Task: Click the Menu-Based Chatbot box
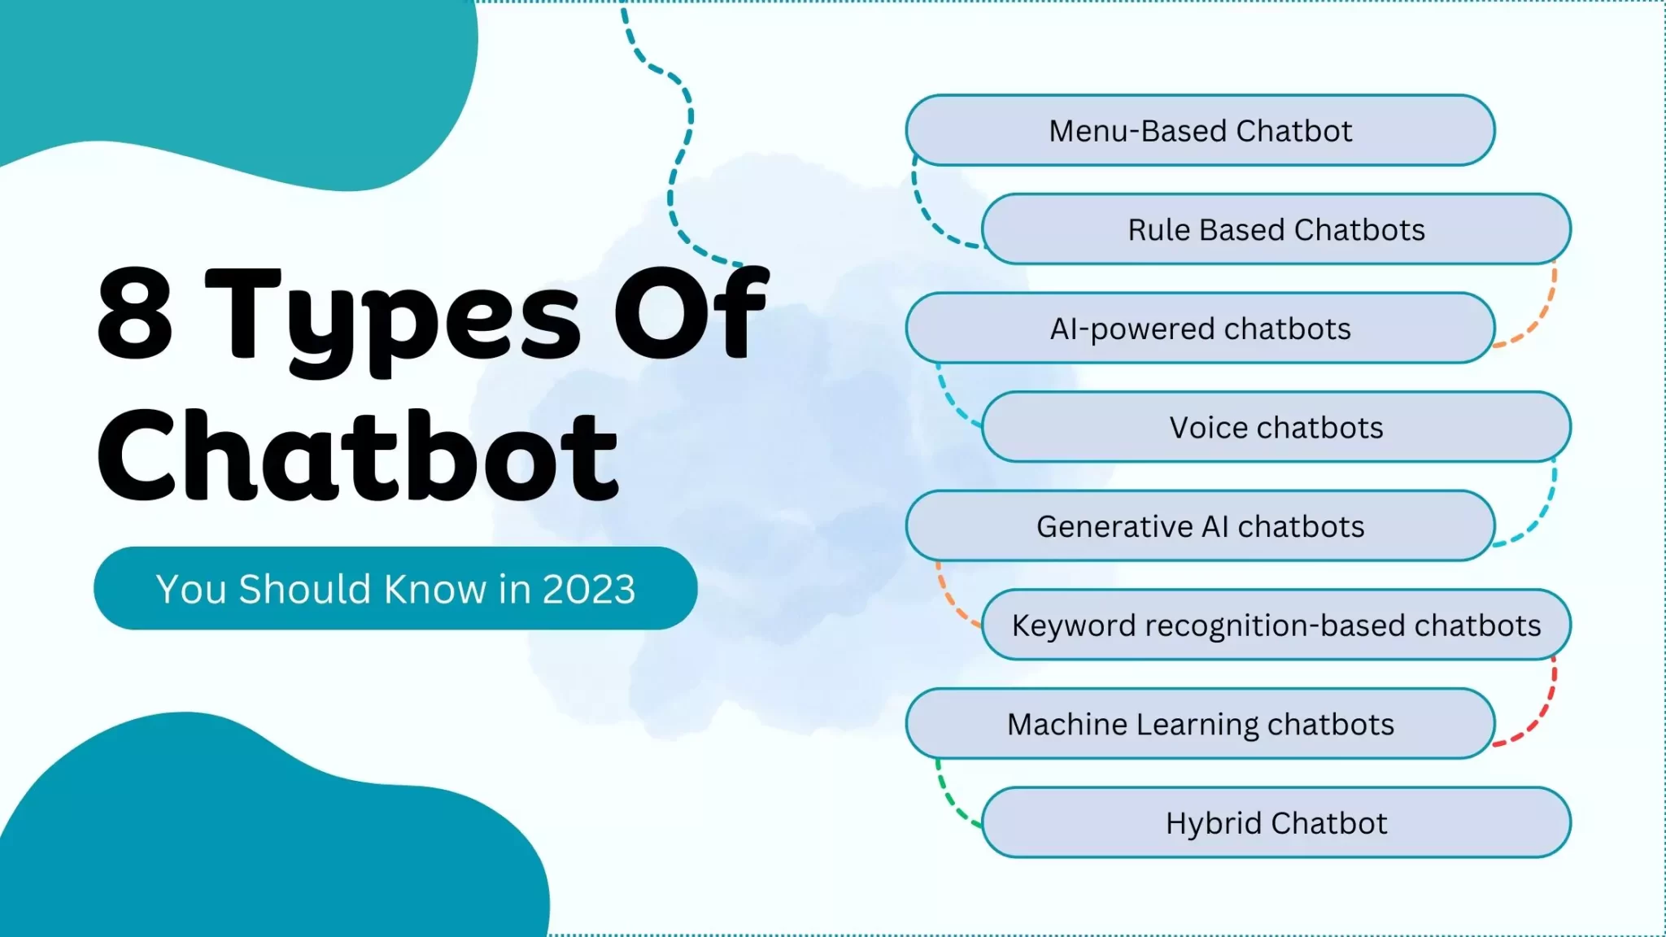tap(1200, 131)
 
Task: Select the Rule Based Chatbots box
tap(1276, 229)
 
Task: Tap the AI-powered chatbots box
tap(1200, 329)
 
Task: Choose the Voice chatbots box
tap(1276, 428)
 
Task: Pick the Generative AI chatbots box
tap(1200, 526)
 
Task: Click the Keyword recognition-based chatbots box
tap(1276, 625)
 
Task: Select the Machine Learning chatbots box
tap(1200, 724)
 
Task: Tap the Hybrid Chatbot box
tap(1276, 823)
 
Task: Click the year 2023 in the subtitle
tap(588, 589)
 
